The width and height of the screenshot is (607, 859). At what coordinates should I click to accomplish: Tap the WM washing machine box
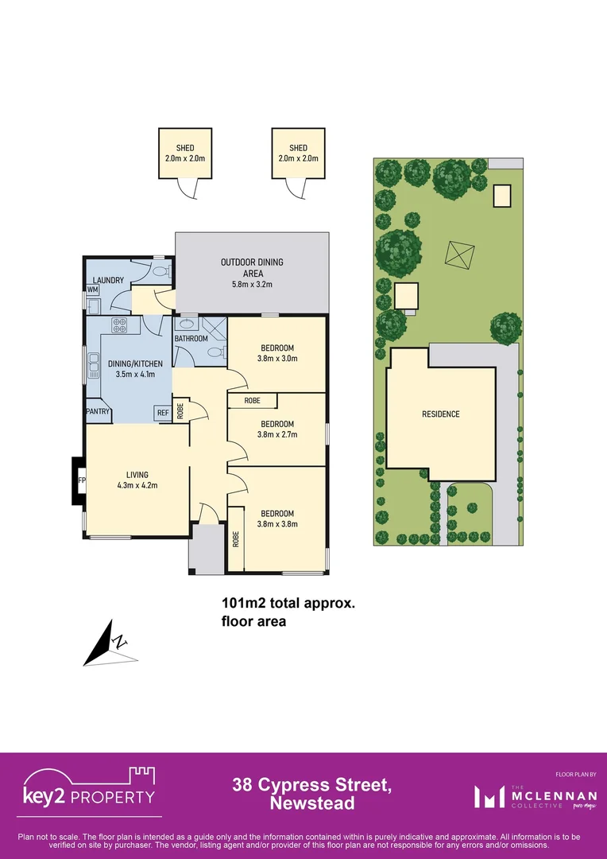(x=92, y=290)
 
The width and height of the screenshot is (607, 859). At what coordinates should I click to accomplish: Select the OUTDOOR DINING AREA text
(x=251, y=267)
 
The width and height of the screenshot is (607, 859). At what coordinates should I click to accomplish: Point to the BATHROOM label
(x=191, y=339)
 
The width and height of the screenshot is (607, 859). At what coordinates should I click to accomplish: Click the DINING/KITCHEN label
(x=135, y=363)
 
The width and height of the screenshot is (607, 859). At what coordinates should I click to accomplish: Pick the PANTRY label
(x=98, y=411)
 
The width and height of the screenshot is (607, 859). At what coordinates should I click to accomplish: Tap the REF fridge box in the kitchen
(x=162, y=413)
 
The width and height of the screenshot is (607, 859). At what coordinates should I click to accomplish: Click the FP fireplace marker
(x=81, y=480)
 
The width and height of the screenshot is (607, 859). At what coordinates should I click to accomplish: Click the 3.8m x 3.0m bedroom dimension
(x=277, y=359)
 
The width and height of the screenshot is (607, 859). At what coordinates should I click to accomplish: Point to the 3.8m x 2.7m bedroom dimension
(x=277, y=434)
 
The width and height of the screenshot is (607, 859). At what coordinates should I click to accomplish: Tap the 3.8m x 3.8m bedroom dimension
(x=277, y=524)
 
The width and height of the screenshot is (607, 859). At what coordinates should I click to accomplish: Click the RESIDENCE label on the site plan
(x=440, y=414)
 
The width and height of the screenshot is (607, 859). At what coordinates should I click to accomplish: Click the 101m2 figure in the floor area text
(x=241, y=603)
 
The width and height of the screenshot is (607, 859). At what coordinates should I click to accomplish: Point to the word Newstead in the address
(x=311, y=803)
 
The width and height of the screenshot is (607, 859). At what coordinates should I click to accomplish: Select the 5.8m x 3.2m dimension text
(x=251, y=284)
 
